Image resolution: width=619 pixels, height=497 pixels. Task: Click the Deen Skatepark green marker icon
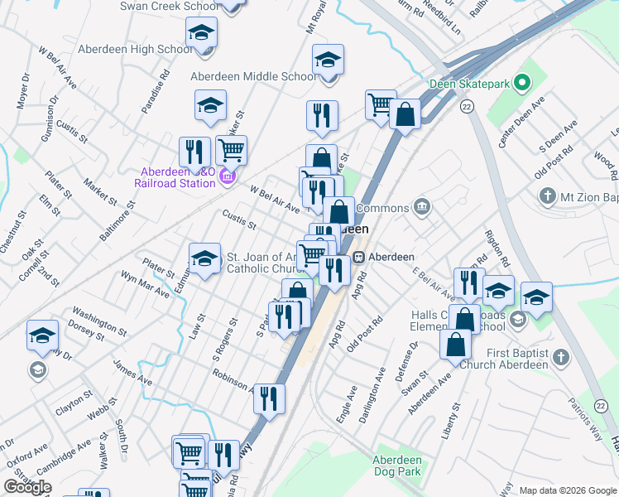coord(522,83)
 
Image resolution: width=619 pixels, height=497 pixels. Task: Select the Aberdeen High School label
coord(134,49)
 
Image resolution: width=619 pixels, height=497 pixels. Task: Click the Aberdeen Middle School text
coord(253,76)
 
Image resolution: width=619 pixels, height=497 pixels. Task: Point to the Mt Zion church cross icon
coord(547,197)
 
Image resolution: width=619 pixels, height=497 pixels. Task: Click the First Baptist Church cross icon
coord(561,358)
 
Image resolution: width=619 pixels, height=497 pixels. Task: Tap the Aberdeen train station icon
coord(360,257)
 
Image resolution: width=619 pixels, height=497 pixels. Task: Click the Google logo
coord(28,486)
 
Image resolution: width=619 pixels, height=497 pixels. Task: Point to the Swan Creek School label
coord(170,6)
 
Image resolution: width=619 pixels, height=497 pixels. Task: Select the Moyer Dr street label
coord(22,91)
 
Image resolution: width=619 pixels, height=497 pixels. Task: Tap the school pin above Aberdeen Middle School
coord(329,60)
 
